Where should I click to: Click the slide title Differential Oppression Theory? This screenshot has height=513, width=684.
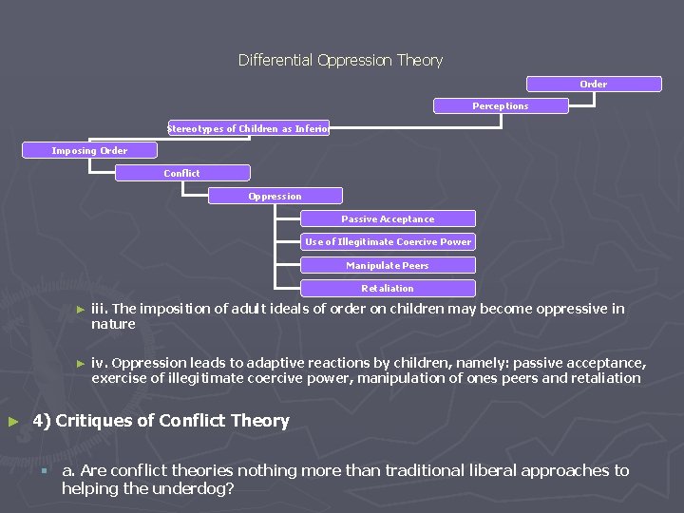point(340,60)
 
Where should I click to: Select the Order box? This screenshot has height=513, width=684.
point(594,85)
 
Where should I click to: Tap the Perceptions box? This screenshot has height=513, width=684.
point(501,106)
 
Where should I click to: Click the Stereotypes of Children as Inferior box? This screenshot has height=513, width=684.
point(248,128)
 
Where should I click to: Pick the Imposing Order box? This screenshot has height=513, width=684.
point(89,150)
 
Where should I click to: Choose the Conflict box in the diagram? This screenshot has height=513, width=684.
point(182,173)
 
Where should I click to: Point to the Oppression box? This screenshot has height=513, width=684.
point(275,196)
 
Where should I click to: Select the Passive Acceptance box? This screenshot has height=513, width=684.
point(388,218)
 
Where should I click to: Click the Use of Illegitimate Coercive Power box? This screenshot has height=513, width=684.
point(388,241)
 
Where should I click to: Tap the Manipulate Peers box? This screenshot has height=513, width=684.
point(388,265)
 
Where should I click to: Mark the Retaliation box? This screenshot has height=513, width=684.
point(388,288)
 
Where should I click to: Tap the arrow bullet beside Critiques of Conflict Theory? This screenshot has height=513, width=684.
point(12,421)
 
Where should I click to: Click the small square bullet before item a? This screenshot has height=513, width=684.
point(43,471)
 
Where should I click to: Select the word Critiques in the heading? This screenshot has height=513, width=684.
point(94,421)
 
